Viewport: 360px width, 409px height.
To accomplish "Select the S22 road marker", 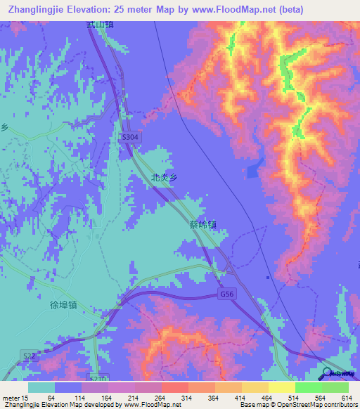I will pos(28,358).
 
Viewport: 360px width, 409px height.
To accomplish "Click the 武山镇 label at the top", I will pos(100,25).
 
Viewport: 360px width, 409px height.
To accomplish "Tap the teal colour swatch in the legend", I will pos(41,387).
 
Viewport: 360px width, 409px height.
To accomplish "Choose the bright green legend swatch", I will pos(309,387).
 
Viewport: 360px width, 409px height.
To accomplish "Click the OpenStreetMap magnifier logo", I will pos(326,374).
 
